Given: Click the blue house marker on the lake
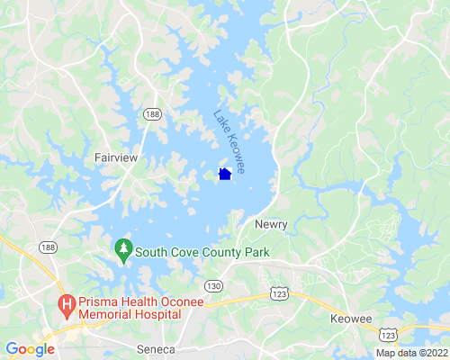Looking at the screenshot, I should (225, 174).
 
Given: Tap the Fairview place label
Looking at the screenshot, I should (116, 157).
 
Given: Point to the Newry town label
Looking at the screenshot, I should (270, 223).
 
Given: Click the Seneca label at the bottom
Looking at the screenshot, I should (155, 347).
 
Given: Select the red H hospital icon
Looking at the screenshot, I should (67, 306).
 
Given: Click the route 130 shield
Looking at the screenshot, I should (212, 286).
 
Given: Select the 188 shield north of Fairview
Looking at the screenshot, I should (155, 114).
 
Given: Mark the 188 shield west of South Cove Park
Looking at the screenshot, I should (48, 247).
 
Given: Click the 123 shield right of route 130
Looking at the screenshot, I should (279, 294).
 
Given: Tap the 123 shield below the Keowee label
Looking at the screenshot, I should (389, 335).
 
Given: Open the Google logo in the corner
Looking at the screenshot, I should (30, 349).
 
